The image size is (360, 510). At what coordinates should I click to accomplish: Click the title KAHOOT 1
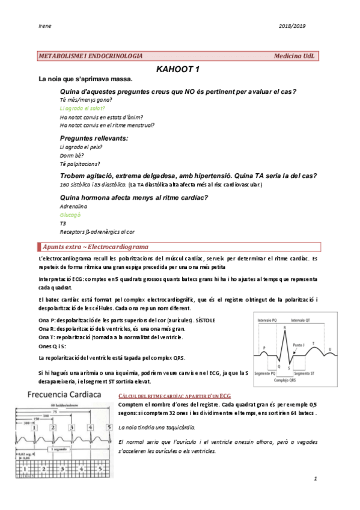click(178, 69)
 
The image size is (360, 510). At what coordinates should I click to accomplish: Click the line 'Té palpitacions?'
click(80, 164)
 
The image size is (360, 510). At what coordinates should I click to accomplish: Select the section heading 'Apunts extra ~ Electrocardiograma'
click(96, 247)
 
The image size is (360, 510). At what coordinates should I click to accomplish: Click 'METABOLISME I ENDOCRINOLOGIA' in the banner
click(90, 55)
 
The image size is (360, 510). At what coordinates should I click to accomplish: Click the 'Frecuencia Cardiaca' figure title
click(64, 396)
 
